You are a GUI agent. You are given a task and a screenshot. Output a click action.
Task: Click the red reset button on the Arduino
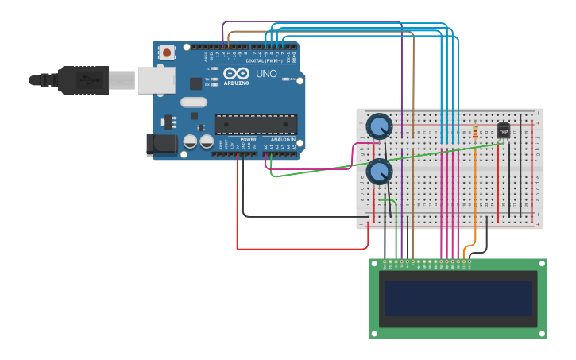167,52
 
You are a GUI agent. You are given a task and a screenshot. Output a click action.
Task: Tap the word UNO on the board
265,74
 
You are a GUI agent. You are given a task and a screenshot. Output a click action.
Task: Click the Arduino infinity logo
242,73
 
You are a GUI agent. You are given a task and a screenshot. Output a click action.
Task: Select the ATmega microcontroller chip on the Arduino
256,124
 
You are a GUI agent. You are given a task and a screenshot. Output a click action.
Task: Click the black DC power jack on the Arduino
161,144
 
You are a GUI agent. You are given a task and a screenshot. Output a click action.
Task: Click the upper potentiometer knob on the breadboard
380,126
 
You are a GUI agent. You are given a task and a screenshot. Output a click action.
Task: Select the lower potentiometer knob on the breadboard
380,171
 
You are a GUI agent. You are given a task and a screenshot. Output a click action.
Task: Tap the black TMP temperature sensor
503,131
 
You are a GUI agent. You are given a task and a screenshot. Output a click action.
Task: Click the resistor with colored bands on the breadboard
475,133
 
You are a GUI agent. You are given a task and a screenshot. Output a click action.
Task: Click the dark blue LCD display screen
458,298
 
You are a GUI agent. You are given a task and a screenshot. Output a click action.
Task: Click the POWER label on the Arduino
248,140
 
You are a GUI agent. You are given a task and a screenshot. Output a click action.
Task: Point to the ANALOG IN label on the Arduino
281,140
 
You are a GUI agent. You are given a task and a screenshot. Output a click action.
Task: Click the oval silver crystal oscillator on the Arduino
193,102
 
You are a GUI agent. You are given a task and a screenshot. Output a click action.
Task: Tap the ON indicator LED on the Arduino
292,79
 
